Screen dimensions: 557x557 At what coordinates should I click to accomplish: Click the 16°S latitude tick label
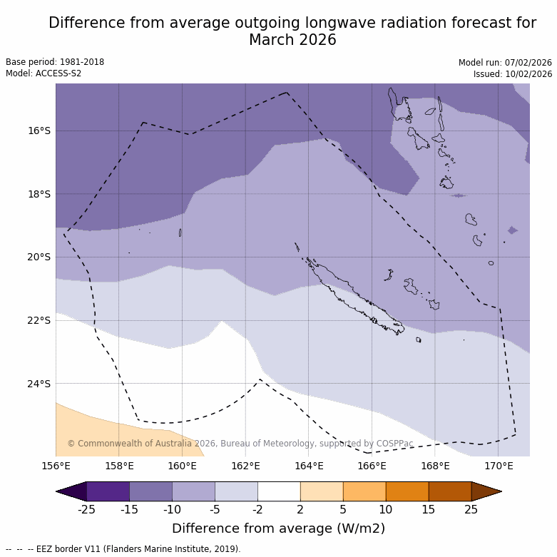point(40,131)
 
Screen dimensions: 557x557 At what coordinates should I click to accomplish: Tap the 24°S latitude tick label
point(40,384)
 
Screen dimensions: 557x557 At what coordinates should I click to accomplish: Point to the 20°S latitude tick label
point(40,257)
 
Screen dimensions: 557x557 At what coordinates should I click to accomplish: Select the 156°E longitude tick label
point(56,466)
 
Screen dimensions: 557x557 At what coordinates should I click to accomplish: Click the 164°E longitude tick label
point(309,466)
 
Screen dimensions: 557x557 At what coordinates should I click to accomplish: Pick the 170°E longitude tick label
point(499,466)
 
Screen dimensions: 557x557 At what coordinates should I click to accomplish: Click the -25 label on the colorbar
point(86,509)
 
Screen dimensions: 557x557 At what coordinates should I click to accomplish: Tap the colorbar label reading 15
point(429,509)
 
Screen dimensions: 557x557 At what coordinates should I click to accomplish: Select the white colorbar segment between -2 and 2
point(279,491)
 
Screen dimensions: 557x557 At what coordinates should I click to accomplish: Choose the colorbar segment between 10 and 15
point(407,491)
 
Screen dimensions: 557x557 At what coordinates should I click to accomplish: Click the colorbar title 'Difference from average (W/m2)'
point(278,528)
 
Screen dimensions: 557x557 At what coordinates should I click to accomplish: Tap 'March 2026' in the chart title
point(292,40)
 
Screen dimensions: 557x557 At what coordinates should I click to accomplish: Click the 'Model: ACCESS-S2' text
point(44,73)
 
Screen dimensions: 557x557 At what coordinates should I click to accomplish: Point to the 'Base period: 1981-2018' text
point(55,62)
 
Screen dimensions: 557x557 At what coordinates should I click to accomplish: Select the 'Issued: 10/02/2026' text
point(513,74)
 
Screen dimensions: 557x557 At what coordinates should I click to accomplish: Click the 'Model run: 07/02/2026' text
point(505,63)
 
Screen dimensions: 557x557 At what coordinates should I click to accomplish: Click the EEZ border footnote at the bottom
point(123,549)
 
